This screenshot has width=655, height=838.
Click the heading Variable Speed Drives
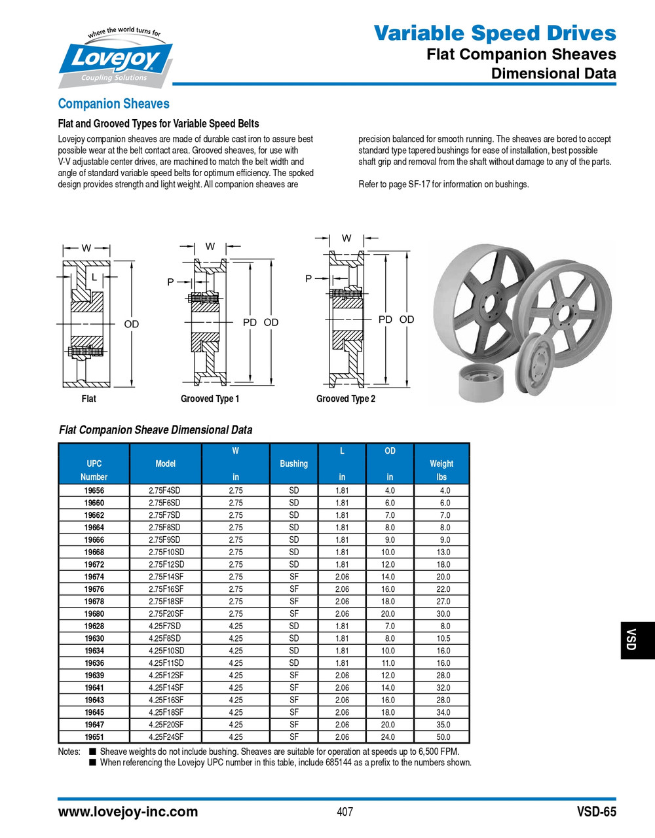tap(495, 33)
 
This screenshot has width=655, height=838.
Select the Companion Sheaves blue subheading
tap(113, 103)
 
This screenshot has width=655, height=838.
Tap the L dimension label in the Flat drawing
tap(94, 278)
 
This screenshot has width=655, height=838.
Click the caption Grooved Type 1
tap(210, 399)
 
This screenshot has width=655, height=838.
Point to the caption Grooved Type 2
tap(345, 399)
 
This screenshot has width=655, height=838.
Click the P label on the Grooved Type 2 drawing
tap(309, 278)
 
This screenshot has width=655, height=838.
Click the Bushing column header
tap(293, 464)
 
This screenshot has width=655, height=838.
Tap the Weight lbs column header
tap(441, 469)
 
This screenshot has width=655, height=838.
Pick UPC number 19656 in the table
tap(94, 490)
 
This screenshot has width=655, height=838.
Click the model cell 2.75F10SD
tap(166, 552)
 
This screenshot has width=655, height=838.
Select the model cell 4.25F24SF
tap(166, 737)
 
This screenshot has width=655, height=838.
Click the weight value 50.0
tap(443, 737)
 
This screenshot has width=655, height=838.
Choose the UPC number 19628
tap(94, 626)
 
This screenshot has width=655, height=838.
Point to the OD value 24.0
tap(388, 737)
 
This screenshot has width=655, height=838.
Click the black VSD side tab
tap(632, 640)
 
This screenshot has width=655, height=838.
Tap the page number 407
tap(345, 812)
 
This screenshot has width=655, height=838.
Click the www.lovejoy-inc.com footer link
tap(128, 812)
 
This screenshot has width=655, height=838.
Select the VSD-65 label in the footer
tap(596, 812)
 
